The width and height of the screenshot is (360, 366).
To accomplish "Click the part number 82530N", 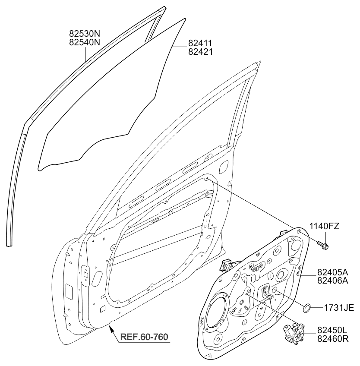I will (85, 32).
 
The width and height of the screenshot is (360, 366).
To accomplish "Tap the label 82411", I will (200, 43).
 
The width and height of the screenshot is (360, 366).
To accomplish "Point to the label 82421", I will (200, 52).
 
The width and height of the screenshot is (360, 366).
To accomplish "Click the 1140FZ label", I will (324, 225).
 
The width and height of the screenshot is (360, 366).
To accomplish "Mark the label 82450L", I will (333, 330).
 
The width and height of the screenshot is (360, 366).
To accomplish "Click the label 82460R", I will (333, 339).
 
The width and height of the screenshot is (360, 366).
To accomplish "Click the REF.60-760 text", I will (144, 337).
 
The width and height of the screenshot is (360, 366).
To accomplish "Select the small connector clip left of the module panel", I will (226, 265).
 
